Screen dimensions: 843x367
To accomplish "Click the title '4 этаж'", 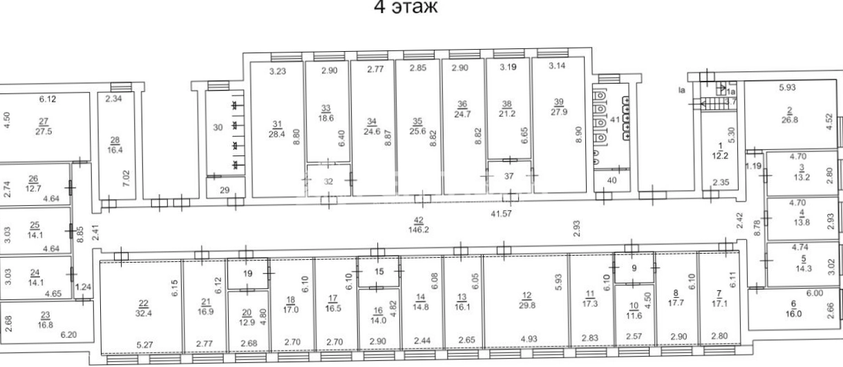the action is [406, 7].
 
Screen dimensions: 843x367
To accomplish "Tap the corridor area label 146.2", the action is [419, 229].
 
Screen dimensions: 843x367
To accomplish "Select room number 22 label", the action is [144, 303].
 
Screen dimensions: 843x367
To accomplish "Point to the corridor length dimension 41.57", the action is [501, 214].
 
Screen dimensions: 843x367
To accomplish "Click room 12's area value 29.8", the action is [527, 305].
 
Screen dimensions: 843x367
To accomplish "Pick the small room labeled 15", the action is [379, 272].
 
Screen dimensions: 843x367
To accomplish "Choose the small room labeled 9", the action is [634, 268].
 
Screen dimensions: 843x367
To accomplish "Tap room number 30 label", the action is [218, 127].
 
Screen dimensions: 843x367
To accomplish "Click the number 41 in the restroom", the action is [615, 120].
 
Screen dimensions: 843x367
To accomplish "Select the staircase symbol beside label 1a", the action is [713, 103].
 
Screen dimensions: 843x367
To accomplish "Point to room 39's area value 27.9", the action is [559, 112].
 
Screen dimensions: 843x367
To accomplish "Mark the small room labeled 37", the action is [509, 176].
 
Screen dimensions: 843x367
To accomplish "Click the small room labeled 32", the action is [328, 180].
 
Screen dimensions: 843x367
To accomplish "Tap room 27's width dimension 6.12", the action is [48, 99].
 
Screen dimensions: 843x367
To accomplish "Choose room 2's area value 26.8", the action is [790, 120].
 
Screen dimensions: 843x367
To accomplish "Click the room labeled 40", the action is [612, 181].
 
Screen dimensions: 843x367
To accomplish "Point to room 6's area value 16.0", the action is [793, 313].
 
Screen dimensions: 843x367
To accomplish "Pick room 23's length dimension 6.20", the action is [69, 335].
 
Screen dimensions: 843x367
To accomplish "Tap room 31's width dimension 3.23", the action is [278, 71].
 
